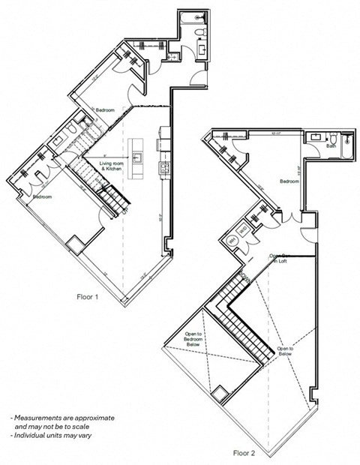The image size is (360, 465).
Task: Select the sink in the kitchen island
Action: pyautogui.click(x=136, y=157)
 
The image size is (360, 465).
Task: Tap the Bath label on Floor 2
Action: pyautogui.click(x=331, y=147)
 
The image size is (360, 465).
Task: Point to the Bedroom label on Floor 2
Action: pyautogui.click(x=289, y=181)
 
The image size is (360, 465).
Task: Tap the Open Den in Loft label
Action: pyautogui.click(x=279, y=258)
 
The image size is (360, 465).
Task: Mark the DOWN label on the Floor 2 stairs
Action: pyautogui.click(x=244, y=280)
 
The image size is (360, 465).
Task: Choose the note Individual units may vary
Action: pyautogui.click(x=51, y=435)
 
